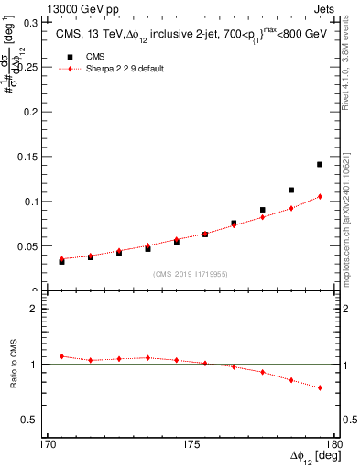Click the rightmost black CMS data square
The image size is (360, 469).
pos(320,164)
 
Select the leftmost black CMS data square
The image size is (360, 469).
pos(62,261)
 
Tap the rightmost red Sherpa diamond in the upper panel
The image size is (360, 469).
pos(320,196)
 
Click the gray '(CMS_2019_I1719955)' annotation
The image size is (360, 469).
pos(191,273)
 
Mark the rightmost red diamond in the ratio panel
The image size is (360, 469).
pos(320,388)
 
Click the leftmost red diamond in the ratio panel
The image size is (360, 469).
pos(62,356)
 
